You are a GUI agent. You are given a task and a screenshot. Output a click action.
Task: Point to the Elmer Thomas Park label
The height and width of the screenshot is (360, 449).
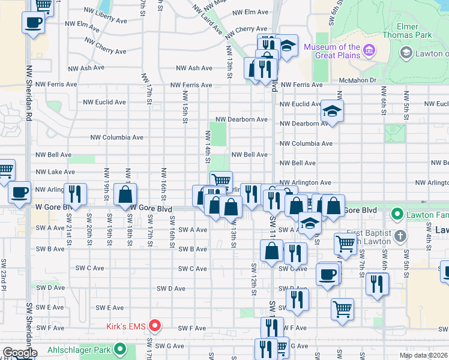pyautogui.click(x=415, y=31)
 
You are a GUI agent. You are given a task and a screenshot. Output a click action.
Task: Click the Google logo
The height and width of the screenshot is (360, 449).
pyautogui.click(x=19, y=353)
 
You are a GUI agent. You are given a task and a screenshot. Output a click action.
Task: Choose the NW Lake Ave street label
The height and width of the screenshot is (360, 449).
pyautogui.click(x=55, y=172)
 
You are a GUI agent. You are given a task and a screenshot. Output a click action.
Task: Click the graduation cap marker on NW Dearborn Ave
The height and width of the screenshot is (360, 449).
pyautogui.click(x=331, y=111)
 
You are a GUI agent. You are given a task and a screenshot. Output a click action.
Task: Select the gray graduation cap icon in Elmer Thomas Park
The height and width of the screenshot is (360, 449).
pyautogui.click(x=406, y=53)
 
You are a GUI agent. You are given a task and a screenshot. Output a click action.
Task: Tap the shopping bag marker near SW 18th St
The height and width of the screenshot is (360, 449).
pyautogui.click(x=125, y=195)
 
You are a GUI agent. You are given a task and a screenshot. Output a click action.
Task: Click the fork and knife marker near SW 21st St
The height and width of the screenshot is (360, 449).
pyautogui.click(x=75, y=194)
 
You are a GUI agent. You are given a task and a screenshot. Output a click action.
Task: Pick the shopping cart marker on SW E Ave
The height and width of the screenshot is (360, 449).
pyautogui.click(x=342, y=310)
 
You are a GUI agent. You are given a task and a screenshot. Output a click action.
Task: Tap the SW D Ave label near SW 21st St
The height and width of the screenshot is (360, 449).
pyautogui.click(x=50, y=288)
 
